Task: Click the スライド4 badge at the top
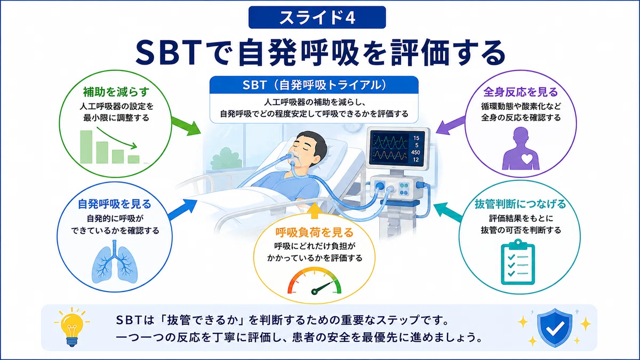(317, 17)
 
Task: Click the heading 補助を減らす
(116, 92)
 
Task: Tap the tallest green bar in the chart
(86, 147)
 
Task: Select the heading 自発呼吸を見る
(115, 204)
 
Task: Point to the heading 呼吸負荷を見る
(315, 233)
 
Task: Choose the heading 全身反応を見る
(521, 92)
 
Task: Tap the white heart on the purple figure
(527, 158)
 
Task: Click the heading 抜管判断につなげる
(521, 204)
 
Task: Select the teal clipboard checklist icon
(518, 262)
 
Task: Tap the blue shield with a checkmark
(555, 327)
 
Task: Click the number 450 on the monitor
(415, 153)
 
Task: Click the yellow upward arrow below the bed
(314, 211)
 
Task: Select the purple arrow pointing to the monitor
(451, 126)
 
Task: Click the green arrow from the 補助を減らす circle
(186, 126)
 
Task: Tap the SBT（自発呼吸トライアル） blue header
(314, 85)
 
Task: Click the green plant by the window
(226, 158)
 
